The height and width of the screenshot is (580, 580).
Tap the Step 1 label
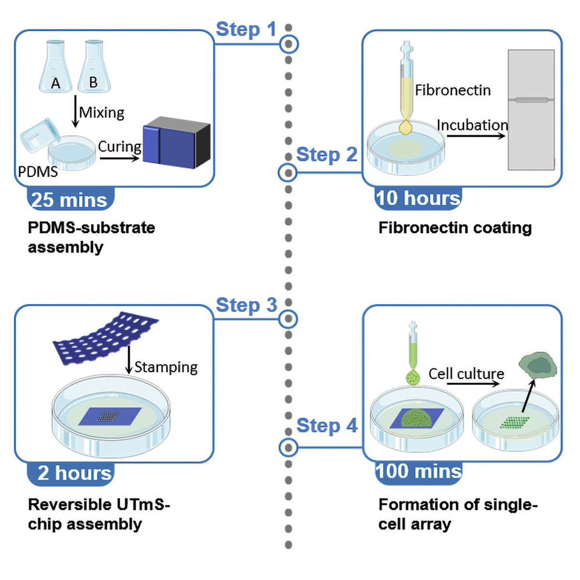click(x=246, y=29)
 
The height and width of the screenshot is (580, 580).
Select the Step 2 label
click(x=326, y=155)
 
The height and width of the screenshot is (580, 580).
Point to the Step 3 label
click(x=246, y=305)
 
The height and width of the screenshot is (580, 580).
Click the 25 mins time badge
click(x=70, y=200)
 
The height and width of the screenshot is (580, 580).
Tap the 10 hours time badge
click(x=418, y=199)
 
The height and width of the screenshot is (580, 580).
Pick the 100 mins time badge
click(x=419, y=471)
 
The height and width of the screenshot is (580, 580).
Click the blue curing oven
click(x=176, y=142)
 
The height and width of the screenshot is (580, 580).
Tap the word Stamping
click(x=166, y=367)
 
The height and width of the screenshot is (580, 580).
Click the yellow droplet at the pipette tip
click(x=405, y=126)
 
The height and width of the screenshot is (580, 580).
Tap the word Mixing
click(x=101, y=112)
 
